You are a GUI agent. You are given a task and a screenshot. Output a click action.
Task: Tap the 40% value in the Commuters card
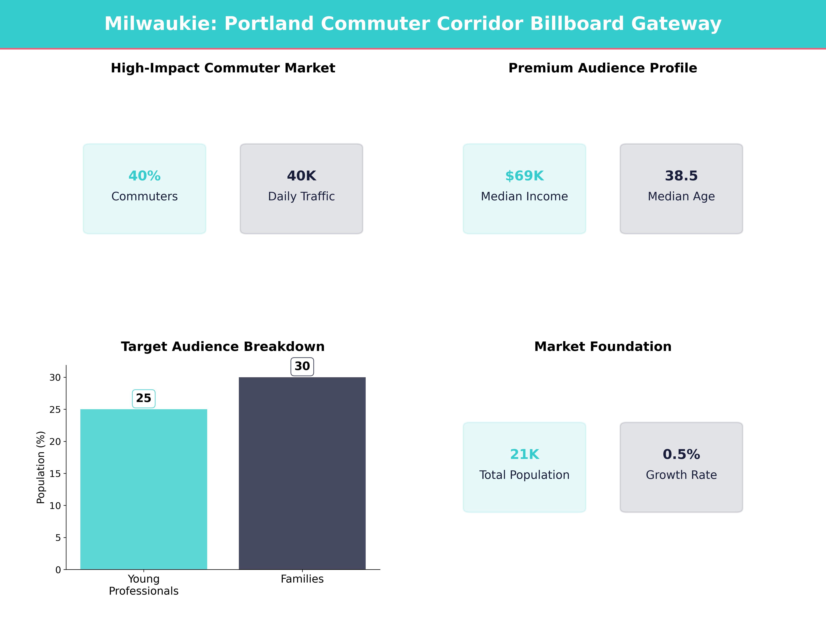click(x=145, y=176)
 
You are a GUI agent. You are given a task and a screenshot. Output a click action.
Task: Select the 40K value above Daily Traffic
click(x=301, y=176)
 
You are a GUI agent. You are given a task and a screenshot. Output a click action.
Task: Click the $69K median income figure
click(x=524, y=176)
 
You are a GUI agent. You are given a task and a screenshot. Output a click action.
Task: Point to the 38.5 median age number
click(x=681, y=176)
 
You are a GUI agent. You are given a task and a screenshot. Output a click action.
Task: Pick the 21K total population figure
click(x=524, y=454)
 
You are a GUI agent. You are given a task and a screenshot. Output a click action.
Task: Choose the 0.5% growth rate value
click(x=681, y=454)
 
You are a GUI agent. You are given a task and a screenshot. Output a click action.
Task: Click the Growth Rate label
click(x=681, y=475)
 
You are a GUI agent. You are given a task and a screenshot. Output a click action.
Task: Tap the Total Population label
click(x=524, y=475)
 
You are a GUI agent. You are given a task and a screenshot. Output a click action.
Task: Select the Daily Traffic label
click(x=301, y=196)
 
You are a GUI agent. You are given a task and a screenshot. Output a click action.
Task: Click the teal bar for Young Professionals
click(x=144, y=489)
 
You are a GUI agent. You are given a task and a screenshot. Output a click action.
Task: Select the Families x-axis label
click(x=302, y=579)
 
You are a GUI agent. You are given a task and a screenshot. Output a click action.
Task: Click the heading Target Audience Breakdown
click(x=223, y=347)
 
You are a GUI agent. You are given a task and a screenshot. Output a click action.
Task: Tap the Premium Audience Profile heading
click(x=603, y=68)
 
